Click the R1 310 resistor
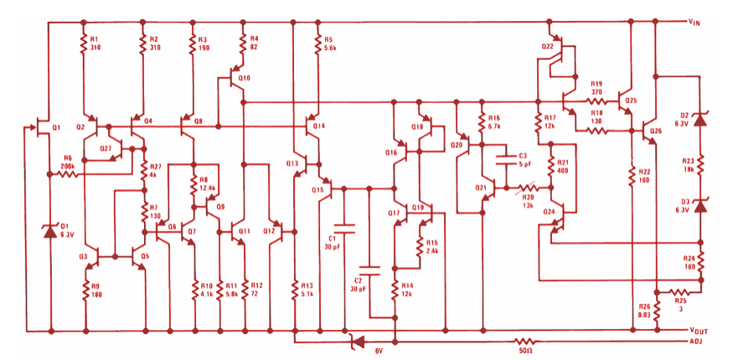click(x=85, y=43)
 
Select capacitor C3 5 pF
click(x=505, y=160)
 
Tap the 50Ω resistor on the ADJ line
click(x=524, y=342)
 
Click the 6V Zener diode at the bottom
click(x=356, y=342)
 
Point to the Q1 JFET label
click(x=56, y=126)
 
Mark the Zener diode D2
click(x=701, y=118)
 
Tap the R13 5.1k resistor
click(x=295, y=288)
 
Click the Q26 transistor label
click(x=655, y=131)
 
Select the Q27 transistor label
click(x=106, y=148)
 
